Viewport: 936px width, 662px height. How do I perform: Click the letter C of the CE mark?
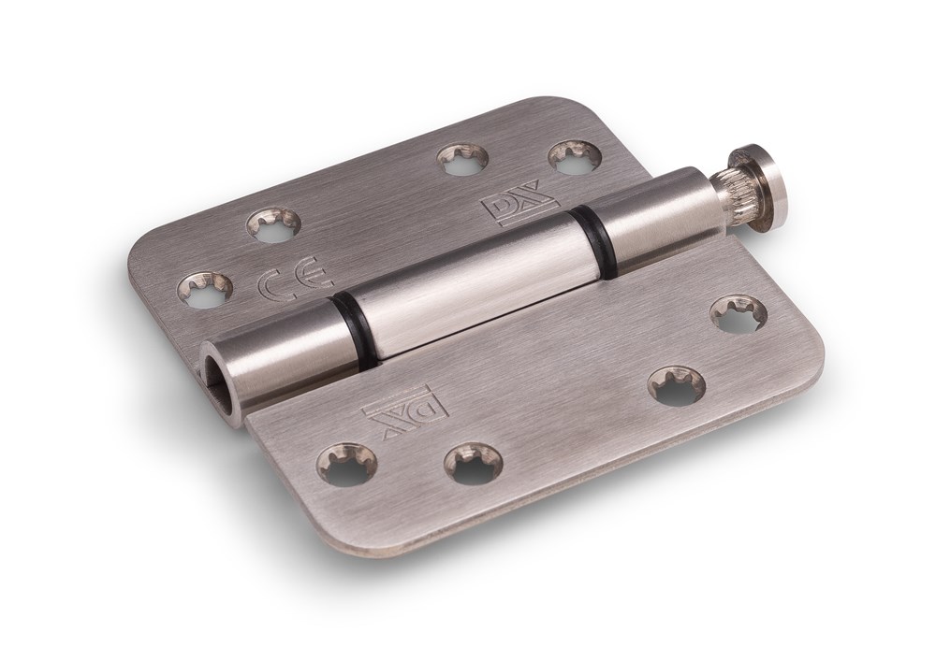(x=270, y=283)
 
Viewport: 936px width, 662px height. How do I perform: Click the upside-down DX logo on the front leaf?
(x=404, y=412)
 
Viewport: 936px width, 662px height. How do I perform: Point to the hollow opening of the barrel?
(x=220, y=373)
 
